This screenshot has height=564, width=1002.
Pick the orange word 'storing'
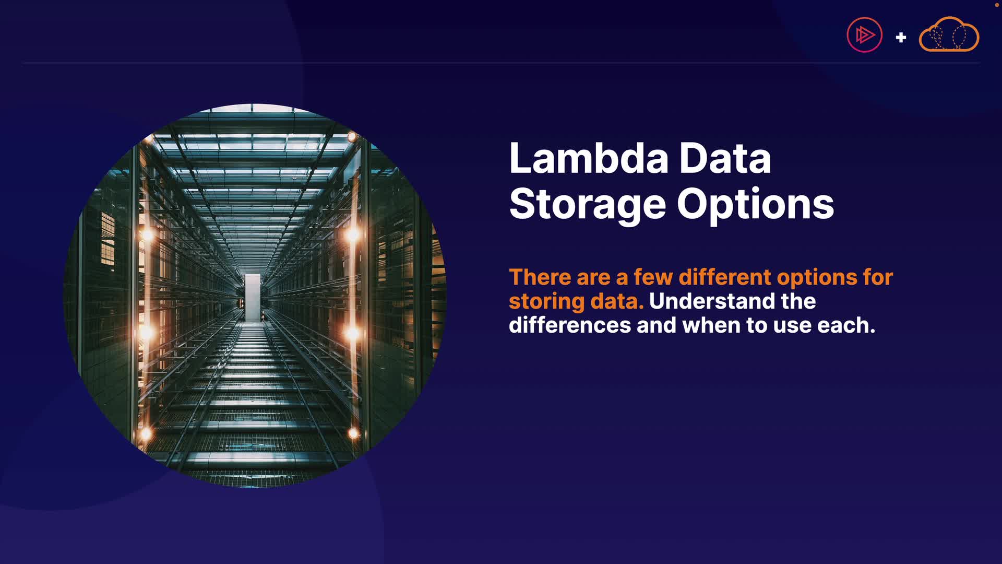[547, 302]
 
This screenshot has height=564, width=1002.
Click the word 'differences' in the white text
[570, 325]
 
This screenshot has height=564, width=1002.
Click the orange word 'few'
[653, 277]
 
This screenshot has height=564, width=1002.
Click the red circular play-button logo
[864, 35]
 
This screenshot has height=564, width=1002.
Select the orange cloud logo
[949, 34]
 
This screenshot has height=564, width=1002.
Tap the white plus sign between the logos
[901, 38]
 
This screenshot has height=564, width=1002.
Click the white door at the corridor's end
[253, 297]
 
